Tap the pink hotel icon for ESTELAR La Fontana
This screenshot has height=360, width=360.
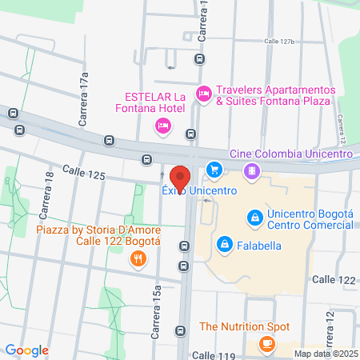pos(163,125)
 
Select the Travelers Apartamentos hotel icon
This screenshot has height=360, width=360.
pos(203,95)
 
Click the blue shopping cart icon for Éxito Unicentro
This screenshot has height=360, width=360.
pos(214,170)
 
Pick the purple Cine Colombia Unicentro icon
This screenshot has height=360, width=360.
pos(251,170)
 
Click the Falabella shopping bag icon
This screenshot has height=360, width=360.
pos(225,244)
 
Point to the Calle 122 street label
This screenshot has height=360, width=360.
pos(334,279)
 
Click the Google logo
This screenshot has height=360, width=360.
pos(27,350)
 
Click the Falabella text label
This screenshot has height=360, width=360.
pos(258,246)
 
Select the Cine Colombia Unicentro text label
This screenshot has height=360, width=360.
pos(302,154)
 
